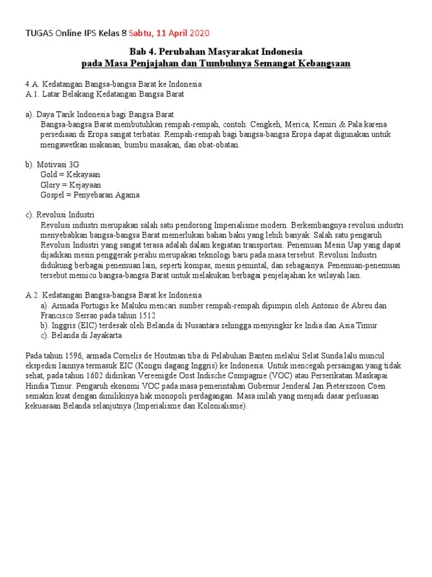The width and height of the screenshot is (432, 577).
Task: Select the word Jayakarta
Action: click(x=102, y=336)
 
